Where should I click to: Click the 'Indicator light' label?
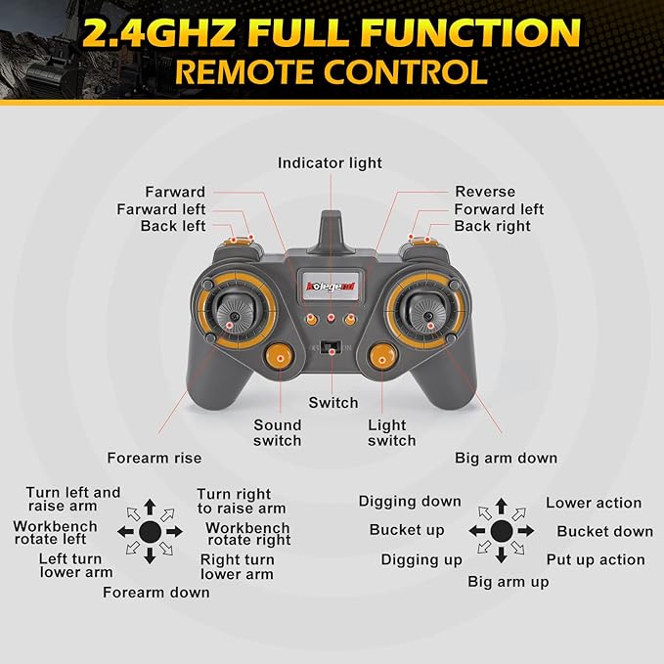[x=330, y=162]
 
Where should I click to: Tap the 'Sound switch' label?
[x=278, y=432]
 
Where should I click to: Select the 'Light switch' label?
[x=391, y=432]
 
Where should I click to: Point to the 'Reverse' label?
[x=485, y=192]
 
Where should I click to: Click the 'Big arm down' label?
[x=507, y=458]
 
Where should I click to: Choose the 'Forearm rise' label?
[x=154, y=458]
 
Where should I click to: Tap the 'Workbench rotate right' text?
[x=248, y=534]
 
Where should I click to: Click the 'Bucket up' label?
[x=407, y=530]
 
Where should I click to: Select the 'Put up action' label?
[x=596, y=559]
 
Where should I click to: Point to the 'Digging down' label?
[x=410, y=501]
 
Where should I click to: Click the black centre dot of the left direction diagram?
[x=150, y=531]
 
